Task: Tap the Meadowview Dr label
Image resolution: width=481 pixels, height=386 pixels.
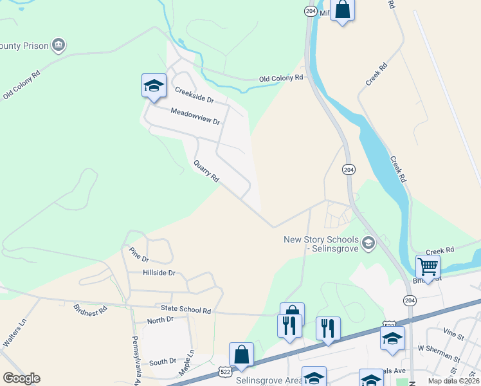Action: coord(195,116)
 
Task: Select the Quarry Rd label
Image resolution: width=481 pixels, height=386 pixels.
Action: coord(206,170)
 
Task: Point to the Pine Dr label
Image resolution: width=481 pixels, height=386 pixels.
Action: coord(138,255)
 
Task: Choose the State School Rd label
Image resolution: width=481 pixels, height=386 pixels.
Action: coord(186,310)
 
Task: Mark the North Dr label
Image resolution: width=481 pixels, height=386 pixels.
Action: coord(160,320)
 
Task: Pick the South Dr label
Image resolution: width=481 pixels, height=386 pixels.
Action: coord(162,362)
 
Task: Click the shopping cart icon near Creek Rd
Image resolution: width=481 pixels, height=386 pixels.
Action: coord(428,265)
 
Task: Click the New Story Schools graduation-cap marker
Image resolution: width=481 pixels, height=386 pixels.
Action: coord(368,243)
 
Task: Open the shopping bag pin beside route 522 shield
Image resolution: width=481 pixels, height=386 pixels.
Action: coord(241,354)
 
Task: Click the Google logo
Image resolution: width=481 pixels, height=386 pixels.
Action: coord(21,378)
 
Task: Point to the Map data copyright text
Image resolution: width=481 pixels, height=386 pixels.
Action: coord(453,381)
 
